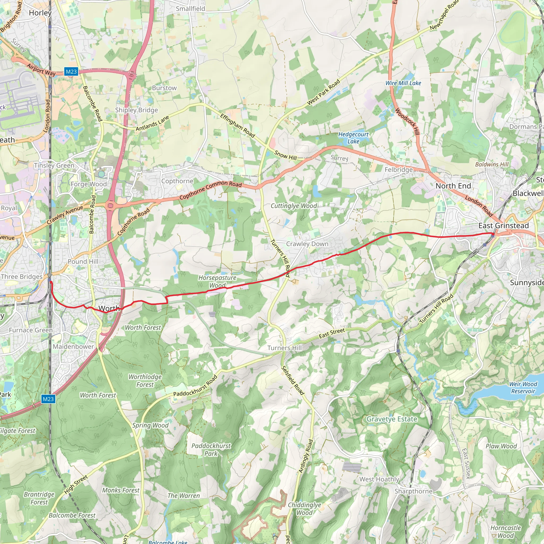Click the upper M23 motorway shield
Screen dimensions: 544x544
71,71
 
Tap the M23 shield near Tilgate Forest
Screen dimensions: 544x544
48,399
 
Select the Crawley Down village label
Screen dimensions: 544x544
307,244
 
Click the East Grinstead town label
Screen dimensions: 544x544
503,226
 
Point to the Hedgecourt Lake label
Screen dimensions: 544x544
353,138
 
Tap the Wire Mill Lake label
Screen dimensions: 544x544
403,83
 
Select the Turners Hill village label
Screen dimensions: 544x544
284,348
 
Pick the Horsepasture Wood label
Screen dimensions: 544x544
217,281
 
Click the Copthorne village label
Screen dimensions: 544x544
177,181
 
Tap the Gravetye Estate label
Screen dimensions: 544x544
392,419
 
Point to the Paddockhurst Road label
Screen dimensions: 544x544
195,386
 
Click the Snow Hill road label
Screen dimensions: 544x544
286,155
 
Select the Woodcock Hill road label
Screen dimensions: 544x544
407,121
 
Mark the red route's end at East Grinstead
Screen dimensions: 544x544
493,234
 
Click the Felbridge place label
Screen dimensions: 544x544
398,169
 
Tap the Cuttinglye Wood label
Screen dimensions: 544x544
294,206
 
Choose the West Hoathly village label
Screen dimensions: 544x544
379,479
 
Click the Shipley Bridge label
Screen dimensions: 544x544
137,110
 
